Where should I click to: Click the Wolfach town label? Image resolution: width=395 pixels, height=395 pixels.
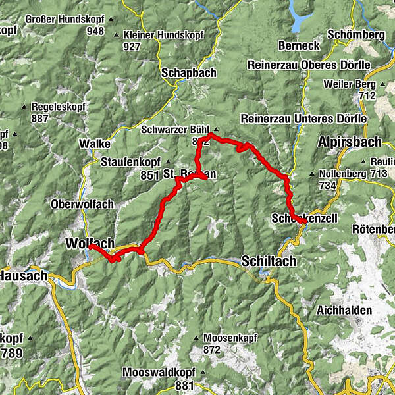click(x=90, y=244)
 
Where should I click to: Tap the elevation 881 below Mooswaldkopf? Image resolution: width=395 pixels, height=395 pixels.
click(x=185, y=384)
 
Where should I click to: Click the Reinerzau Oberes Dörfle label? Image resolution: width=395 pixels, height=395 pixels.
click(x=309, y=65)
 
